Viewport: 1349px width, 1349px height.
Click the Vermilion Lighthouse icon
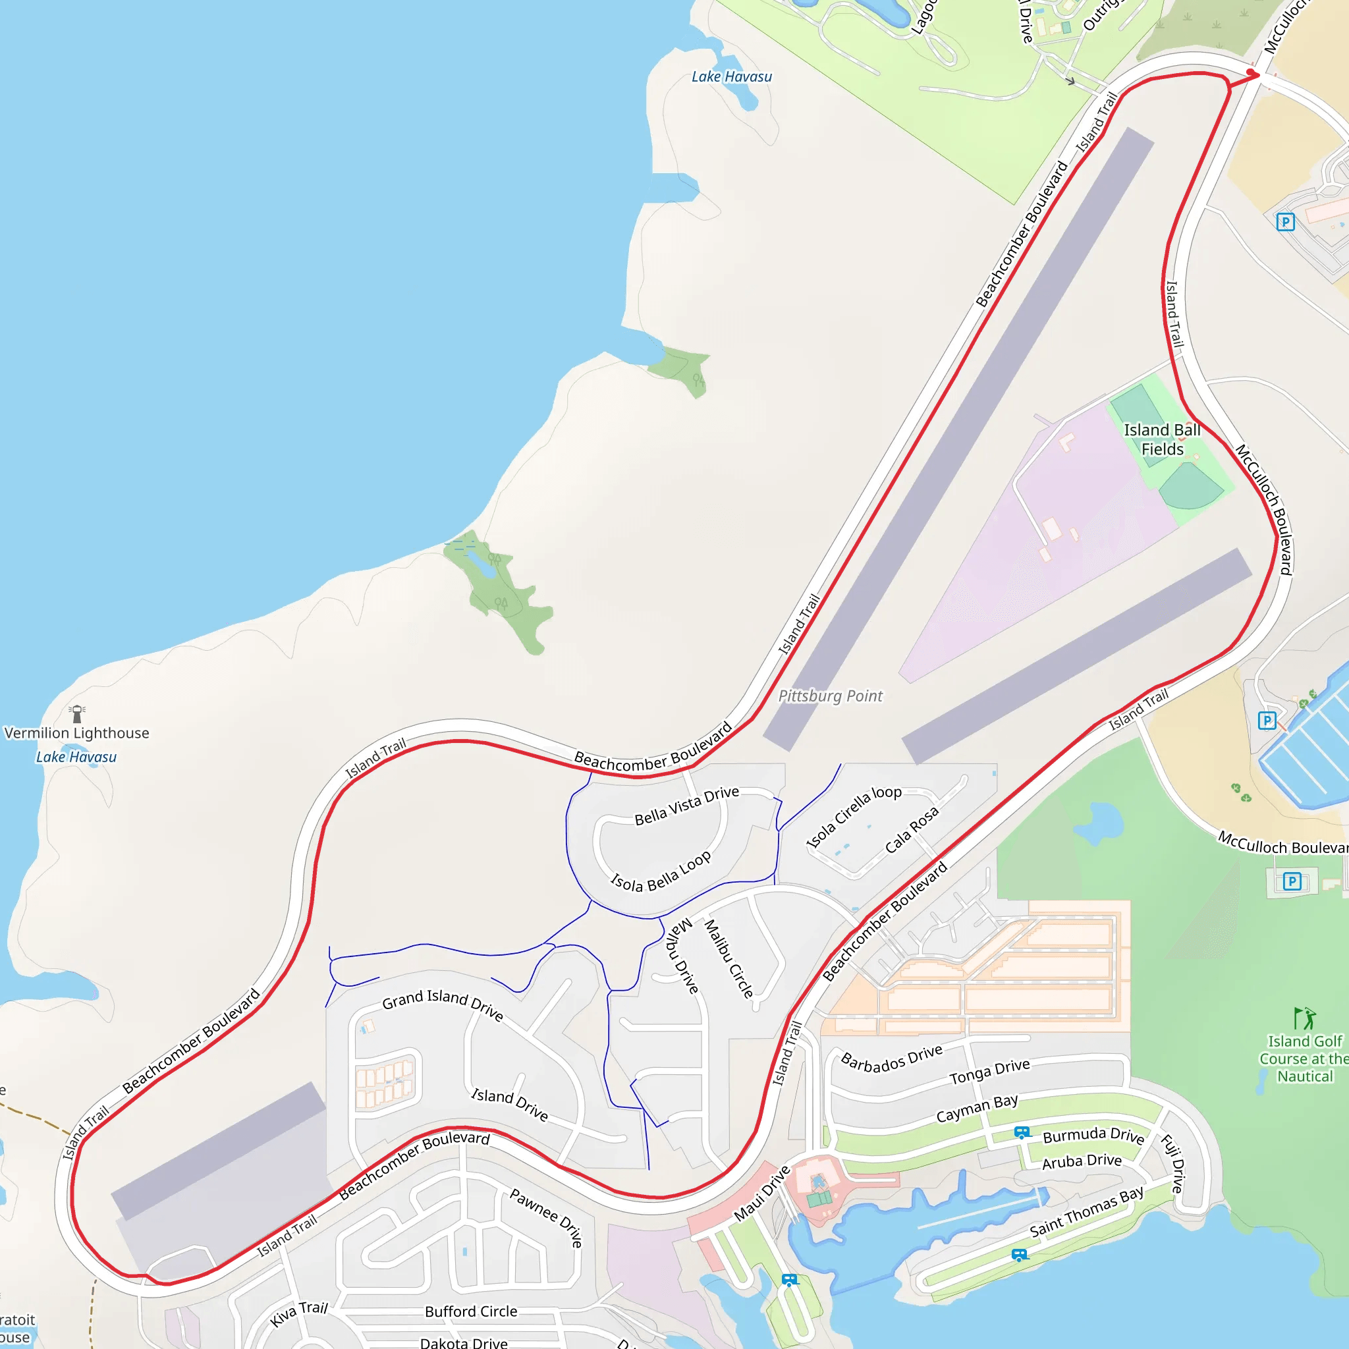click(77, 713)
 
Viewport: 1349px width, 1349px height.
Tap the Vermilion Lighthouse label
click(77, 733)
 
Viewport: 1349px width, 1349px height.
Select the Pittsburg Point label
click(830, 696)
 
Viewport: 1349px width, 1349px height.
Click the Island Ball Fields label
click(1162, 439)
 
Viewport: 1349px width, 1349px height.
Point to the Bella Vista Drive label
click(686, 805)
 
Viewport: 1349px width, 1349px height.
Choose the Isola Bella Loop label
click(661, 873)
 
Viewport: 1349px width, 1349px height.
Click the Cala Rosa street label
click(912, 829)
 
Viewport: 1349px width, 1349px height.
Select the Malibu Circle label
click(729, 958)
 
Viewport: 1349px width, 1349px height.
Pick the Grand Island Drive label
click(443, 1005)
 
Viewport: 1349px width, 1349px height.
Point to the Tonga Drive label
click(989, 1071)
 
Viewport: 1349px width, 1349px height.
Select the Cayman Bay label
click(977, 1109)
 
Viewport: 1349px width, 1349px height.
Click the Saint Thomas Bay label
click(1086, 1211)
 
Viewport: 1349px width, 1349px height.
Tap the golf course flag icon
click(1304, 1019)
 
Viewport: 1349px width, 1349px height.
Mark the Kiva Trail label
click(299, 1313)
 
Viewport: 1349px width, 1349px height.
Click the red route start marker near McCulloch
click(1252, 72)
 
